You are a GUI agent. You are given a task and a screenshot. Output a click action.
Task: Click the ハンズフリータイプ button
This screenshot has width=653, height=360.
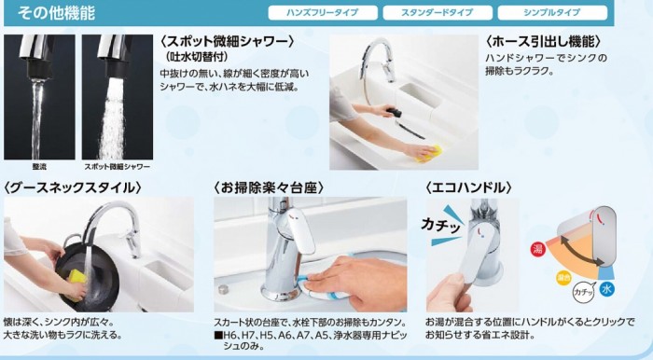pos(323,12)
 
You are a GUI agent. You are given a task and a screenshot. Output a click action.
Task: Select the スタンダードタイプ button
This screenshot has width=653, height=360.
pos(438,12)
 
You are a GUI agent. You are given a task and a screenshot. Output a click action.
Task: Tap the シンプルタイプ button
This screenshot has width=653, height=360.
pos(552,12)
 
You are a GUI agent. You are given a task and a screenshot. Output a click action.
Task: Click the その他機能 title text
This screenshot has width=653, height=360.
pos(56,13)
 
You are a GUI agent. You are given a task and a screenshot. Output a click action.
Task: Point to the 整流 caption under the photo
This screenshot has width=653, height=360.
pos(39,166)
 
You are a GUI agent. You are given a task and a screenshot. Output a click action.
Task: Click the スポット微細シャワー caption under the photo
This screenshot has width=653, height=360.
pos(117,166)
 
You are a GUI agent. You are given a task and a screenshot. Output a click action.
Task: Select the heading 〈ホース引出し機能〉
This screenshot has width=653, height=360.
pos(544,41)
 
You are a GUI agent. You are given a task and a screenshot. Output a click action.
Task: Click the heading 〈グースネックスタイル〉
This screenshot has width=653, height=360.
pos(73,187)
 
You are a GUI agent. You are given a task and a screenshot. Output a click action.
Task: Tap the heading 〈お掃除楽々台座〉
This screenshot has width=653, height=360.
pos(269,187)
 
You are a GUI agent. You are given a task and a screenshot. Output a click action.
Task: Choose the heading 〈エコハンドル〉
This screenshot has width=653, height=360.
pos(468,187)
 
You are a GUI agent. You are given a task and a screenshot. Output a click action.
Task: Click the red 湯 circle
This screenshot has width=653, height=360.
pos(537,249)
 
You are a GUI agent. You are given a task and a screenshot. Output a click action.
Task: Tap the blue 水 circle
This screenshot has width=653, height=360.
pos(606,289)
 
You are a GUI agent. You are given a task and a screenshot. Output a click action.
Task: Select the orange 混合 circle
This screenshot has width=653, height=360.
pos(563,278)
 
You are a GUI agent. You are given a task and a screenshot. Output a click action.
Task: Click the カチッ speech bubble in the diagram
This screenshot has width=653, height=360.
pos(584,292)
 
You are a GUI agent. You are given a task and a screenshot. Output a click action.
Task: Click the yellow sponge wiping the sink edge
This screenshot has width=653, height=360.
pos(427,152)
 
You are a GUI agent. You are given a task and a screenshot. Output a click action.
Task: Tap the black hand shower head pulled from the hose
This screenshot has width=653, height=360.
pos(395,112)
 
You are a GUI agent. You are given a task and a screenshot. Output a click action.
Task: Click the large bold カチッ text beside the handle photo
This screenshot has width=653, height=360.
pos(441,226)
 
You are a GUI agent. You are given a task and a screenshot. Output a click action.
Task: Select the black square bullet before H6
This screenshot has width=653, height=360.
pos(218,335)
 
